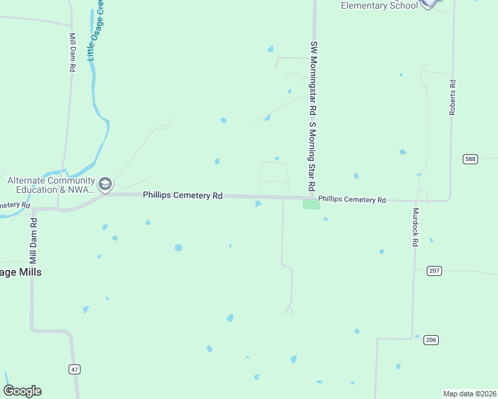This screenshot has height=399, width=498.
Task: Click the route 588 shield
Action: click(x=471, y=159)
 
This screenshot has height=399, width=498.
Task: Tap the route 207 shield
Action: click(x=434, y=271)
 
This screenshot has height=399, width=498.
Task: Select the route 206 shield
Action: click(x=430, y=340)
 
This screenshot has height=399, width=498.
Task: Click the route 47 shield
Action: click(x=74, y=368)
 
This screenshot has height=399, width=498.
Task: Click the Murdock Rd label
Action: click(x=415, y=228)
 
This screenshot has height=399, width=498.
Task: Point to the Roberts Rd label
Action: click(x=452, y=98)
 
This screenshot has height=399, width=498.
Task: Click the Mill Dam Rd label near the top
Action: click(x=72, y=52)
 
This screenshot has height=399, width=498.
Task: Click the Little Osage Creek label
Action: click(x=96, y=33)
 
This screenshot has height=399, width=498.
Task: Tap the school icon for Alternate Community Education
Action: click(x=105, y=184)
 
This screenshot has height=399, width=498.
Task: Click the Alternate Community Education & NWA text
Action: click(x=51, y=185)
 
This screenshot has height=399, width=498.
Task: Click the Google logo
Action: click(x=22, y=391)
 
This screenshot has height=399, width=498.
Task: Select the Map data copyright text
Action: click(x=470, y=393)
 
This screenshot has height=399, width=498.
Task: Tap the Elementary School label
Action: click(x=379, y=6)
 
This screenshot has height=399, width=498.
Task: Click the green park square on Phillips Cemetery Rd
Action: click(x=311, y=204)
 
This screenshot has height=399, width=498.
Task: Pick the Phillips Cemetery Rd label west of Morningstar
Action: click(x=182, y=196)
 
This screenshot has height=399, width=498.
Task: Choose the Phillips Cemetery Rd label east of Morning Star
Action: click(x=352, y=199)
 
